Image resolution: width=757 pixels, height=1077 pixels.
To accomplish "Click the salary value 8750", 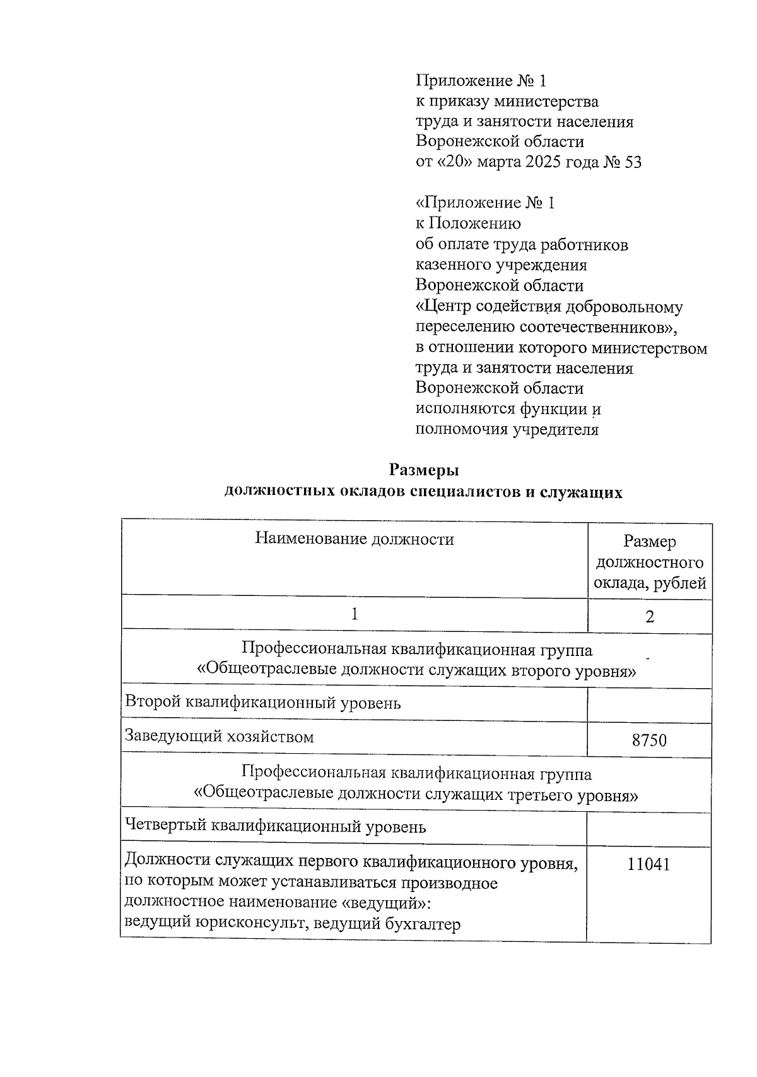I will click(649, 740).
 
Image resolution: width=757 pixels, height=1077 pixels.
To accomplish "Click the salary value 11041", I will click(648, 864).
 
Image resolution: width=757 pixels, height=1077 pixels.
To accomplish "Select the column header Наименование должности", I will click(355, 539).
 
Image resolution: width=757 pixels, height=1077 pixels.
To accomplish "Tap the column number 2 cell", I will click(650, 616).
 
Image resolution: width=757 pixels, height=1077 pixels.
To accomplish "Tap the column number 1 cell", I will click(355, 614).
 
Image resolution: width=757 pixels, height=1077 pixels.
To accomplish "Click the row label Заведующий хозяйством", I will click(220, 736).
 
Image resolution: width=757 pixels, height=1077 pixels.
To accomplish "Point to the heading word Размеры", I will click(424, 470).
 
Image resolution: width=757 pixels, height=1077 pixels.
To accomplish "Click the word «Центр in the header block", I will click(443, 307).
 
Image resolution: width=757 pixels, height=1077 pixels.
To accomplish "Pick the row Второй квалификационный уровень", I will click(263, 702).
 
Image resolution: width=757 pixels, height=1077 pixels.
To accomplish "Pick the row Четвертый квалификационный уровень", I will click(276, 826).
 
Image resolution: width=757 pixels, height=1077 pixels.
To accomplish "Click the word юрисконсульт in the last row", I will click(250, 924).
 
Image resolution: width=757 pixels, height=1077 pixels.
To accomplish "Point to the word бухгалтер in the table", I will click(421, 924).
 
